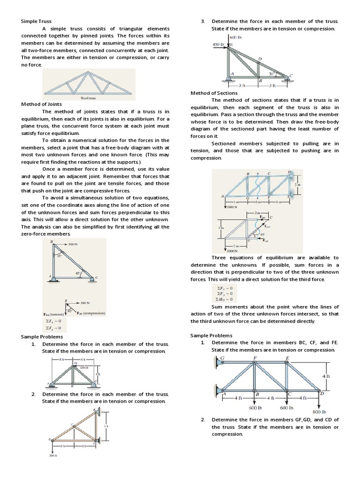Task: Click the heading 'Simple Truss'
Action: (36, 22)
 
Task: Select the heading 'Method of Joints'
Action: (41, 104)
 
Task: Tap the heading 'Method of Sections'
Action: (214, 93)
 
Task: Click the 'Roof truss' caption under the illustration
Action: (89, 98)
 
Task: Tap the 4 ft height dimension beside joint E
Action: (326, 376)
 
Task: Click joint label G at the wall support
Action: (222, 358)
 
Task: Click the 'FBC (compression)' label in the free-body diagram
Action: (91, 313)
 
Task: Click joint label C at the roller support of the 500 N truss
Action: (97, 278)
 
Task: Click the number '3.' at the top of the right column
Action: (203, 22)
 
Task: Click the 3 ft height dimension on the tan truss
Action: (106, 426)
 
